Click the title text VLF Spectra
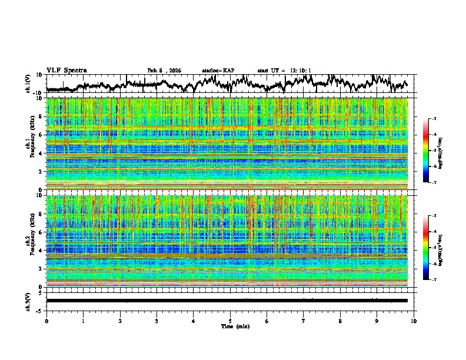[x=66, y=70]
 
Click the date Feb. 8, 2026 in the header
[x=164, y=71]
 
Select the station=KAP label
[x=218, y=71]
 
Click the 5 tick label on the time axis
[x=230, y=321]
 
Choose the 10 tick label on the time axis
[x=414, y=321]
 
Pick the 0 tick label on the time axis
[x=46, y=321]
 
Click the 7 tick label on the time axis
[x=304, y=321]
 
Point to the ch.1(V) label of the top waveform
[x=28, y=84]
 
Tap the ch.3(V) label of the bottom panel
[x=28, y=301]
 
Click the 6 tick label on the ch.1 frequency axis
[x=39, y=135]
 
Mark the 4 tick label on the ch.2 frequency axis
[x=39, y=251]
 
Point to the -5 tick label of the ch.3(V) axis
[x=38, y=310]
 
